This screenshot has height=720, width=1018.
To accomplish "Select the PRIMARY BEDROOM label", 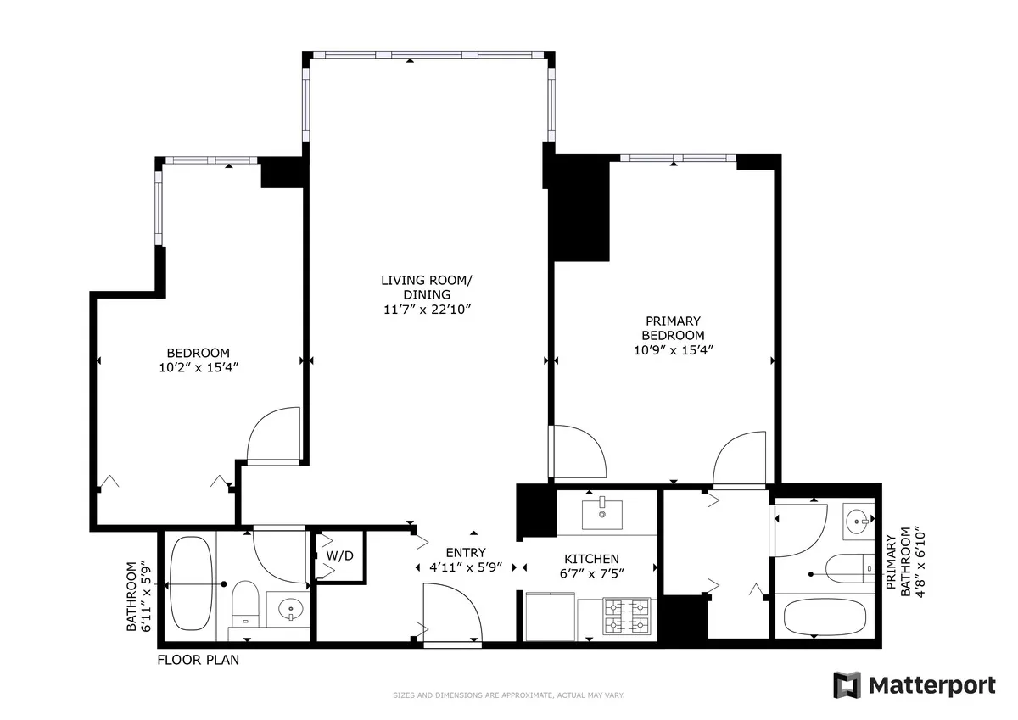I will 674,328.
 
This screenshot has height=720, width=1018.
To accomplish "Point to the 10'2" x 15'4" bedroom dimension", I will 198,367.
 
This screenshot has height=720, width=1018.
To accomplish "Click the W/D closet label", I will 339,556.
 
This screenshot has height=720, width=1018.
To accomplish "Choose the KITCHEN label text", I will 591,559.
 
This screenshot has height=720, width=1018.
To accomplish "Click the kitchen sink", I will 601,513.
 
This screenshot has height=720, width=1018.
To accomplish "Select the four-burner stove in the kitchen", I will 626,617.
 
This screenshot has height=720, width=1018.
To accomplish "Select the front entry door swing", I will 451,615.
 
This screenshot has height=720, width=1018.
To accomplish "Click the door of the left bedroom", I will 274,435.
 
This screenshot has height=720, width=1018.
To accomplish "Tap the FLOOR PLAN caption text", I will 198,660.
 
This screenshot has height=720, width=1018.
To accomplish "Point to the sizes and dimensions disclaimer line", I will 508,695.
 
